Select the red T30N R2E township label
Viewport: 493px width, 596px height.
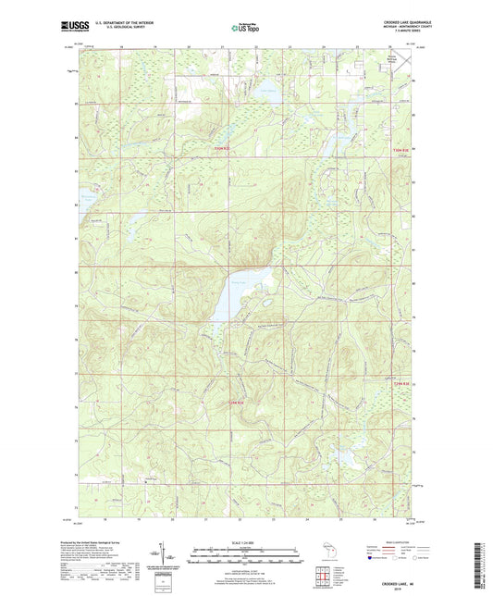400,155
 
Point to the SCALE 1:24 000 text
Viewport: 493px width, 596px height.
246,541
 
